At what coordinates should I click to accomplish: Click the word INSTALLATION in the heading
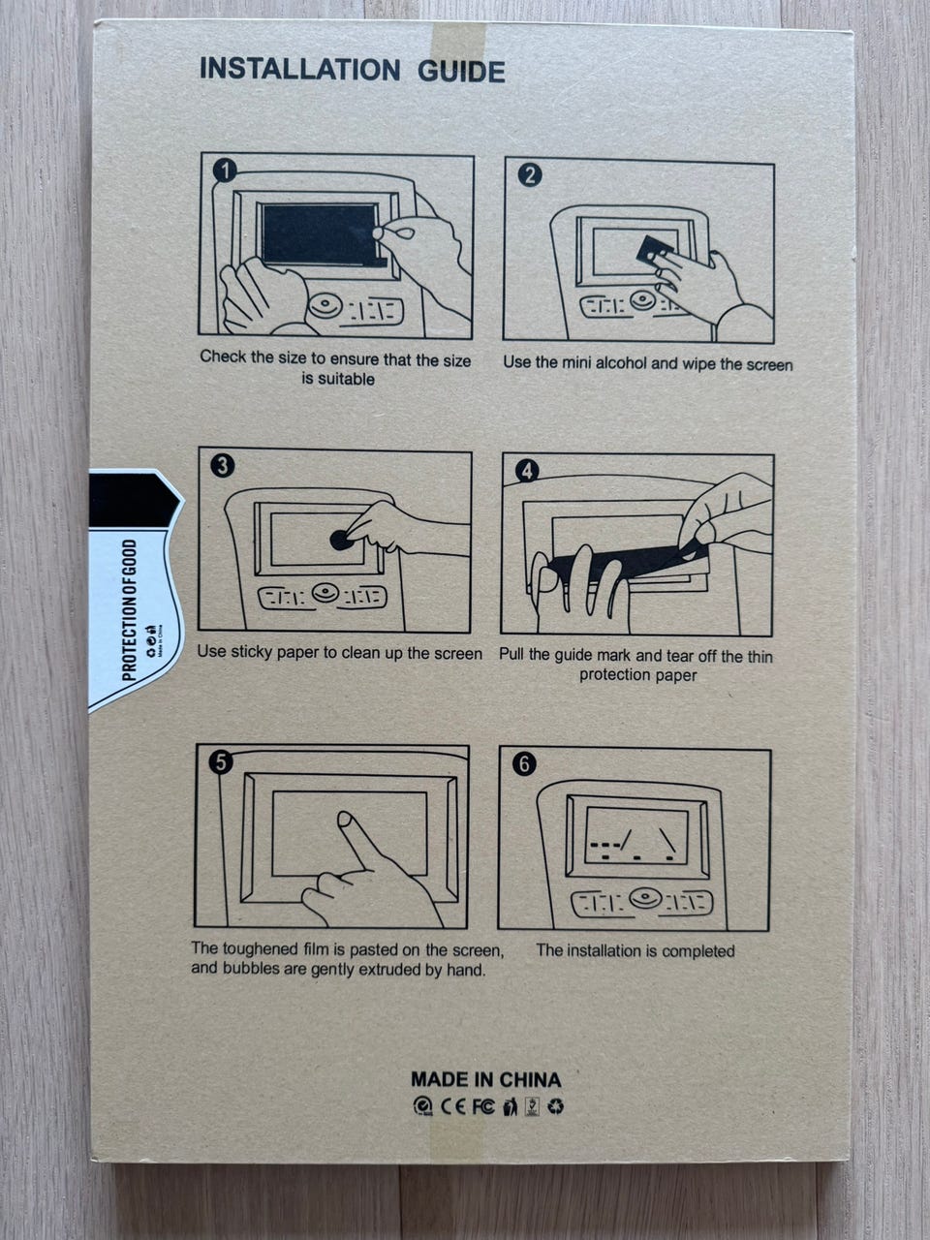tap(300, 69)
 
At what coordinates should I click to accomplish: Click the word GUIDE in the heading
tap(461, 72)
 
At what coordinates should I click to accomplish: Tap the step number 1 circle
tap(226, 170)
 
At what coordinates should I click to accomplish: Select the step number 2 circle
tap(530, 175)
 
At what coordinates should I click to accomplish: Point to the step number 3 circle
tap(223, 466)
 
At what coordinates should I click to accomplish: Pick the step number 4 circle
tap(527, 471)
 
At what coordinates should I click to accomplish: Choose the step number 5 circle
tap(221, 762)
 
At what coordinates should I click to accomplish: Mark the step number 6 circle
tap(524, 764)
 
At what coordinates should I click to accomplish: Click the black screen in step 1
tap(321, 234)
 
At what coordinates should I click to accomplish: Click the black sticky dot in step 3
tap(340, 540)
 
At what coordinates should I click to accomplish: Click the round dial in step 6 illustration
tap(645, 898)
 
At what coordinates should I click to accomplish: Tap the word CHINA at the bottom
tap(530, 1079)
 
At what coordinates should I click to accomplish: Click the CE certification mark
tap(453, 1106)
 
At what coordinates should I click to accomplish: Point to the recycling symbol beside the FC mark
tap(556, 1106)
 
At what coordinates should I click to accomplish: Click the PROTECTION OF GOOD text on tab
tap(129, 610)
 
